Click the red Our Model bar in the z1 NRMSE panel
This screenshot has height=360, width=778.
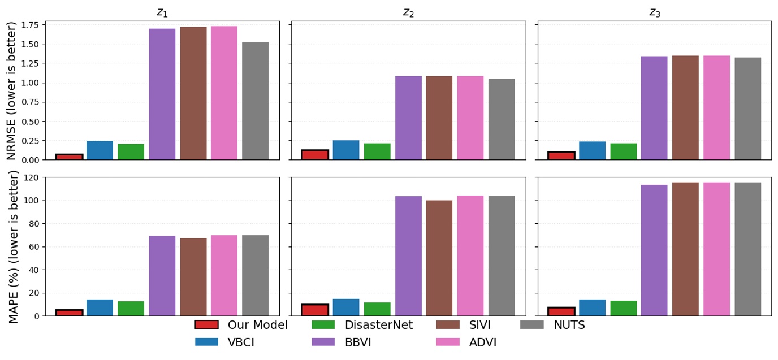click(x=69, y=157)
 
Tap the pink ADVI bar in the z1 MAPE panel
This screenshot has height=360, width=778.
click(x=224, y=275)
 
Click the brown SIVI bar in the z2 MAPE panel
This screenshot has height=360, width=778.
click(x=439, y=258)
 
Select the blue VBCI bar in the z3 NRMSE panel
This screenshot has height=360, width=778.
click(x=592, y=150)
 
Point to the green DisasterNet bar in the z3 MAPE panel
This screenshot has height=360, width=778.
click(x=623, y=308)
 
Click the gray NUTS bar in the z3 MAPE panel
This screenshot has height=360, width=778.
click(x=747, y=249)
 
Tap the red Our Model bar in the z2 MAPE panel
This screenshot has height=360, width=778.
click(x=315, y=310)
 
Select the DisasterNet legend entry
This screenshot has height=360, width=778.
click(x=378, y=325)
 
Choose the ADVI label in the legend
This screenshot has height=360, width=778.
click(x=482, y=342)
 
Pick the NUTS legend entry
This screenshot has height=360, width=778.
click(x=569, y=325)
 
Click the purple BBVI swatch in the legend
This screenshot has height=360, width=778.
click(x=323, y=342)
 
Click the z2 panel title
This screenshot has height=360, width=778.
click(x=408, y=12)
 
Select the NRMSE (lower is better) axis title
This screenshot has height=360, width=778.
click(x=12, y=90)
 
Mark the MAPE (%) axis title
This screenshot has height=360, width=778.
click(x=14, y=246)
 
